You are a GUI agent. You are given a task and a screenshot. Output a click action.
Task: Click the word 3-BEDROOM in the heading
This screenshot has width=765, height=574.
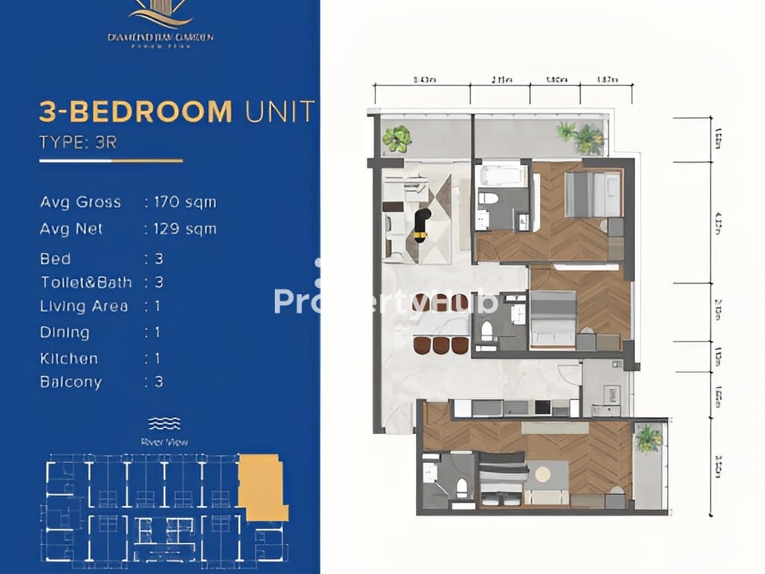click(x=135, y=112)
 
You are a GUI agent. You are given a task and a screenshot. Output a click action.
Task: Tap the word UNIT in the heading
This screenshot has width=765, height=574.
click(x=280, y=112)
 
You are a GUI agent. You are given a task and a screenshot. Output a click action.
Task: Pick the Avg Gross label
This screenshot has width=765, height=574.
click(x=80, y=202)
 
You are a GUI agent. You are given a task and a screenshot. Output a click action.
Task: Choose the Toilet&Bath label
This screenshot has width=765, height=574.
click(x=86, y=282)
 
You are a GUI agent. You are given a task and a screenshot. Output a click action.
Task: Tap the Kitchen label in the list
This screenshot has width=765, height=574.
click(x=69, y=359)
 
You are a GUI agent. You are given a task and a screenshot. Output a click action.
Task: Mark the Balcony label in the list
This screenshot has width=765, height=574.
click(x=71, y=382)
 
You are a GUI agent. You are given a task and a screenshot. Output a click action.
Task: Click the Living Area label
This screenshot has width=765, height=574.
click(x=84, y=306)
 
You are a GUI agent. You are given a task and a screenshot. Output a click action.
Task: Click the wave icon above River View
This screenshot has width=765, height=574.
click(x=164, y=423)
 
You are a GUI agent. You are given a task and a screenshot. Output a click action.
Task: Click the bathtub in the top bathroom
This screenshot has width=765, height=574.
click(x=500, y=175)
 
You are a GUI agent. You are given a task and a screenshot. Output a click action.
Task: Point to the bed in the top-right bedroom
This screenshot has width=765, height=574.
click(x=592, y=195)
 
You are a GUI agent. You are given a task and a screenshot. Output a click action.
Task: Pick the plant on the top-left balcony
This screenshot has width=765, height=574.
click(x=396, y=139)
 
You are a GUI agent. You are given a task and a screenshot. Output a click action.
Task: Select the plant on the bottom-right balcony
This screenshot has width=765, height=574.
click(x=648, y=438)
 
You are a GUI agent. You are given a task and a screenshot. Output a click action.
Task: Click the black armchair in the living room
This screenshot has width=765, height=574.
click(x=421, y=224)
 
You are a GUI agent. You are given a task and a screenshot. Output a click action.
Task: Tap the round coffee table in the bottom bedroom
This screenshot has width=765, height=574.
click(x=543, y=474)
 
